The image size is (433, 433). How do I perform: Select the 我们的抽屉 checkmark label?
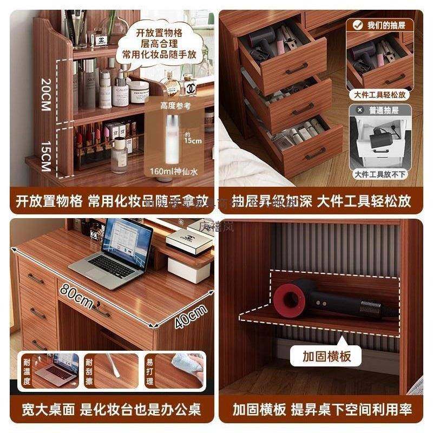pyautogui.click(x=380, y=25)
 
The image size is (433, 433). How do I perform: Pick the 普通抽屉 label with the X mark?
pyautogui.click(x=380, y=110)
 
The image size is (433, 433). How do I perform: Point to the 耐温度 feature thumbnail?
pyautogui.click(x=50, y=370)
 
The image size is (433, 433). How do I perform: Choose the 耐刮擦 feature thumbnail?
pyautogui.click(x=111, y=370)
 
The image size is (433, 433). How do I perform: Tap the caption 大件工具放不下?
pyautogui.click(x=380, y=174)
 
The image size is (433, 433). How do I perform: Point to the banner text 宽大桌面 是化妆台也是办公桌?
pyautogui.click(x=111, y=409)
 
